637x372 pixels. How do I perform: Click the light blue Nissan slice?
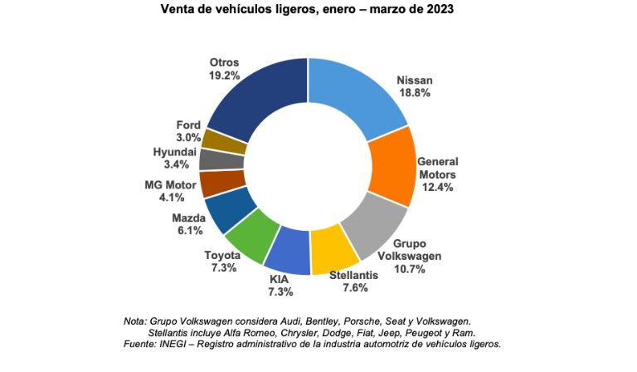(x=352, y=96)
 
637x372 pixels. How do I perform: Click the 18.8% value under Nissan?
(x=416, y=95)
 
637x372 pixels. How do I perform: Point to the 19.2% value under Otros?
(x=225, y=75)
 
